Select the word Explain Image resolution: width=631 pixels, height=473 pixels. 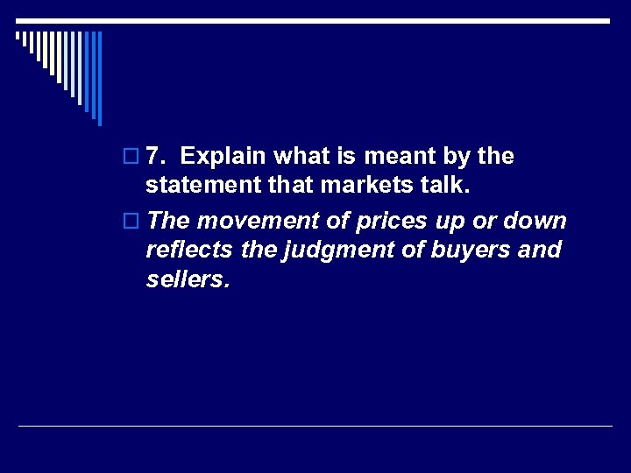tap(225, 157)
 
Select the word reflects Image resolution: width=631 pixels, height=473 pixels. tap(188, 251)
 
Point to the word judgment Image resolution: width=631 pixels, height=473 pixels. tap(323, 251)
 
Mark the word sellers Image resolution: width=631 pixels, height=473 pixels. tap(187, 279)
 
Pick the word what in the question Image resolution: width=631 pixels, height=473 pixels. tap(302, 157)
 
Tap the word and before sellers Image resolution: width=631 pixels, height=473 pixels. tap(540, 251)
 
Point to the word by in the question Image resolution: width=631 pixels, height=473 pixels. tap(449, 158)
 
